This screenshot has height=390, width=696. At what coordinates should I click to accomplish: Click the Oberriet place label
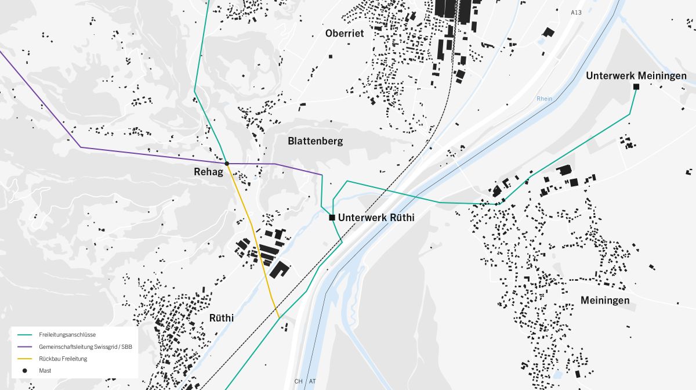(x=345, y=34)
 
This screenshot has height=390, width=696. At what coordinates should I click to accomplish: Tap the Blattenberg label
(x=316, y=141)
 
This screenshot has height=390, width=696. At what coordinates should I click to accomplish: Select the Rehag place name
(x=208, y=172)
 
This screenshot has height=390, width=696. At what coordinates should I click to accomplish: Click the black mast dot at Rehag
(x=227, y=164)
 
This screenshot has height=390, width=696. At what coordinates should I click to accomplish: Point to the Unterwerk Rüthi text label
(x=376, y=218)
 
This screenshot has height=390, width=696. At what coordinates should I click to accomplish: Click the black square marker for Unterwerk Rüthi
(x=332, y=218)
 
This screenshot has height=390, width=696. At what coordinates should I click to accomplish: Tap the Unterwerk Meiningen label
(x=636, y=76)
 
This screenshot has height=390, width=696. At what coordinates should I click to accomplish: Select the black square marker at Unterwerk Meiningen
(x=636, y=86)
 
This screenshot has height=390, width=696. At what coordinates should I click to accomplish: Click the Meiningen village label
(x=605, y=300)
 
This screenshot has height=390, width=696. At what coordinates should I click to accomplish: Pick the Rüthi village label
(x=222, y=318)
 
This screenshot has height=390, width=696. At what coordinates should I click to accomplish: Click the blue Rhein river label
(x=545, y=99)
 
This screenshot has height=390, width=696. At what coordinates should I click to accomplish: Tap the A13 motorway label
(x=576, y=12)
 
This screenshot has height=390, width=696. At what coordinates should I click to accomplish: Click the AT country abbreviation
(x=313, y=381)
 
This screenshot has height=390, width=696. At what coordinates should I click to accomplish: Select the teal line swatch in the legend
(x=25, y=335)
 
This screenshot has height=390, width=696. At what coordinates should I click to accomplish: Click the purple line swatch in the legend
(x=25, y=347)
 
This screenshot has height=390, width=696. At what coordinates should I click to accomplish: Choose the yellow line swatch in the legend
(x=25, y=359)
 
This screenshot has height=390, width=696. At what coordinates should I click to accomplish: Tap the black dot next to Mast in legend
(x=25, y=370)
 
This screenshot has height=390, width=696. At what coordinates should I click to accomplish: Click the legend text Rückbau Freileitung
(x=63, y=359)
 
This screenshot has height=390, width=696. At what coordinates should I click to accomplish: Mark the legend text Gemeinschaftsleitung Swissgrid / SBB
(x=85, y=347)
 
